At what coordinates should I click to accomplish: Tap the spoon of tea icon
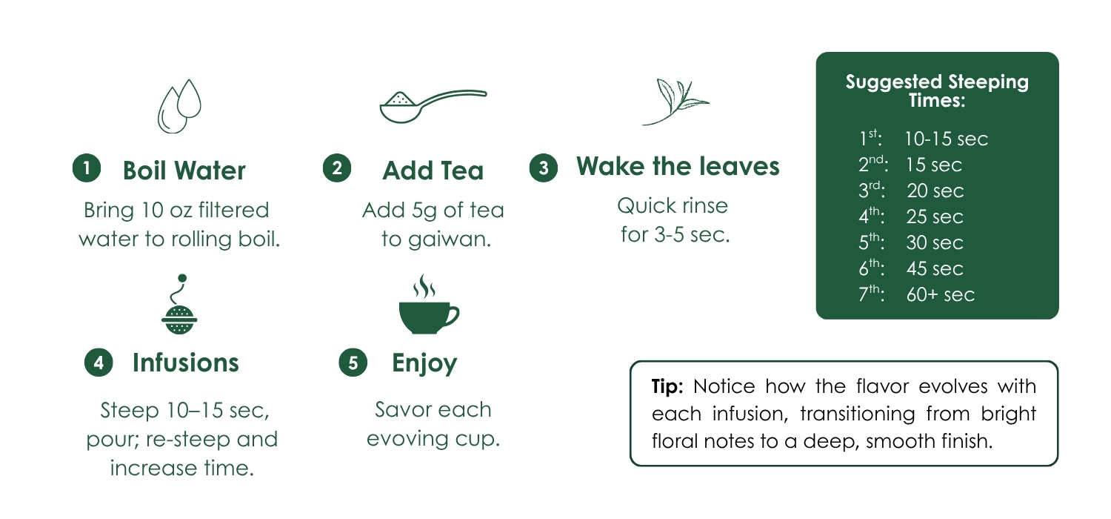pos(433,106)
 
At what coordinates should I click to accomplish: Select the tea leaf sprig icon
pos(675,102)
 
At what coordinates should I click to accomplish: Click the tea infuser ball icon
pos(179,304)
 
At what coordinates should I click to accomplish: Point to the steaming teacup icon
pos(429,304)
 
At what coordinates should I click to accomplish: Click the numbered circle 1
pos(87,168)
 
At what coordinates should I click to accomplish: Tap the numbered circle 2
pos(337,168)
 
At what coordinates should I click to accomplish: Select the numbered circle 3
pos(544,168)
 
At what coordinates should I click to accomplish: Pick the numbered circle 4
pos(99,362)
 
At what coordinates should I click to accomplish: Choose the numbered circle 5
pos(353,362)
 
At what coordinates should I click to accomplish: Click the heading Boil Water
pos(184,171)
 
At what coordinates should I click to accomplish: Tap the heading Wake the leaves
pos(678,166)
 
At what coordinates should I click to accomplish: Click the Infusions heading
pos(185,363)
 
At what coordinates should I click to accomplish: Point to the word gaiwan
pos(449,240)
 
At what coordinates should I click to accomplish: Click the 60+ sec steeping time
pos(941,294)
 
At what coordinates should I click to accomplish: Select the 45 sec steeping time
pos(935,268)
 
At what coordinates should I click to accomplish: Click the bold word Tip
pos(667,386)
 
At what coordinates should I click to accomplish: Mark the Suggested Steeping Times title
pos(937,91)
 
